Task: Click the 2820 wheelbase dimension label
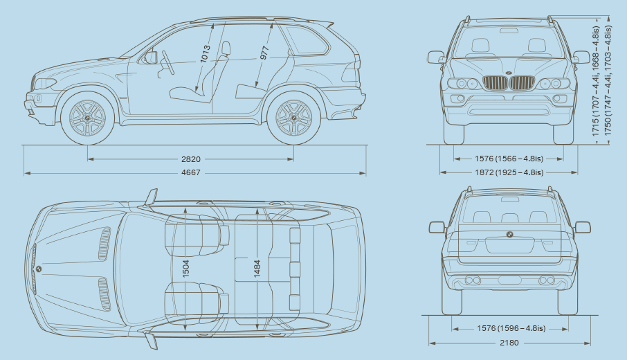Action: (x=190, y=159)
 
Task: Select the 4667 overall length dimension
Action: (x=190, y=172)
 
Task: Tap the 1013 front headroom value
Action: (x=204, y=55)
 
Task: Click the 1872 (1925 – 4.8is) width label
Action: (x=509, y=172)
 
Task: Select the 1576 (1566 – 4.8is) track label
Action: (x=509, y=158)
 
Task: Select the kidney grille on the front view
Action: (x=509, y=84)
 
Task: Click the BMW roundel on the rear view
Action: (x=509, y=235)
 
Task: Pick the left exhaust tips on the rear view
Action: (x=473, y=280)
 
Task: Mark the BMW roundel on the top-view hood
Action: (x=39, y=269)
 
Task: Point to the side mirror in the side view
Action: (x=149, y=57)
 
